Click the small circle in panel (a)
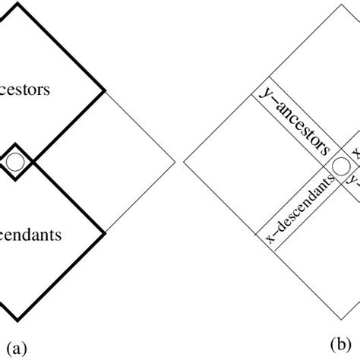pyautogui.click(x=15, y=161)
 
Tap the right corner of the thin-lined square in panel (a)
pyautogui.click(x=175, y=161)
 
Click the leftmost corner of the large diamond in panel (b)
pyautogui.click(x=185, y=161)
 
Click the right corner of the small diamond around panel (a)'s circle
pyautogui.click(x=34, y=161)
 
